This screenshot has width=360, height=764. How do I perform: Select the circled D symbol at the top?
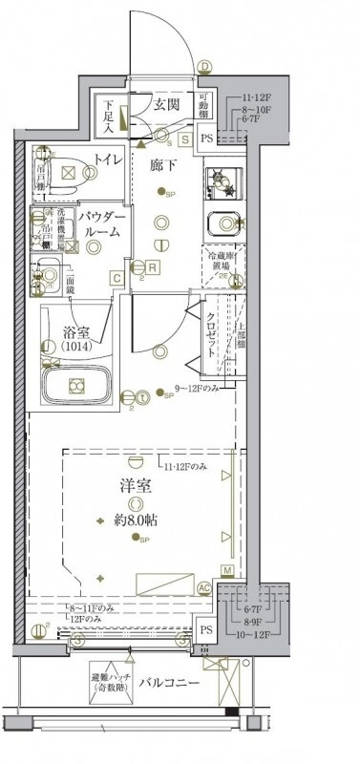click(x=203, y=66)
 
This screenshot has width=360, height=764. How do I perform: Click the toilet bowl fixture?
click(x=68, y=172)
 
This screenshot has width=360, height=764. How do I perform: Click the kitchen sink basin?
click(x=225, y=223)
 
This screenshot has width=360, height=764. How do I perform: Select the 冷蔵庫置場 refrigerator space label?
click(x=223, y=263)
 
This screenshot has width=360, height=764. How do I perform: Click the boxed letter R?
click(x=153, y=267)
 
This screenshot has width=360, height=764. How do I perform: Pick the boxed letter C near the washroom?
click(x=116, y=278)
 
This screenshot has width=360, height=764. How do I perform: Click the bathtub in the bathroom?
click(x=77, y=387)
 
